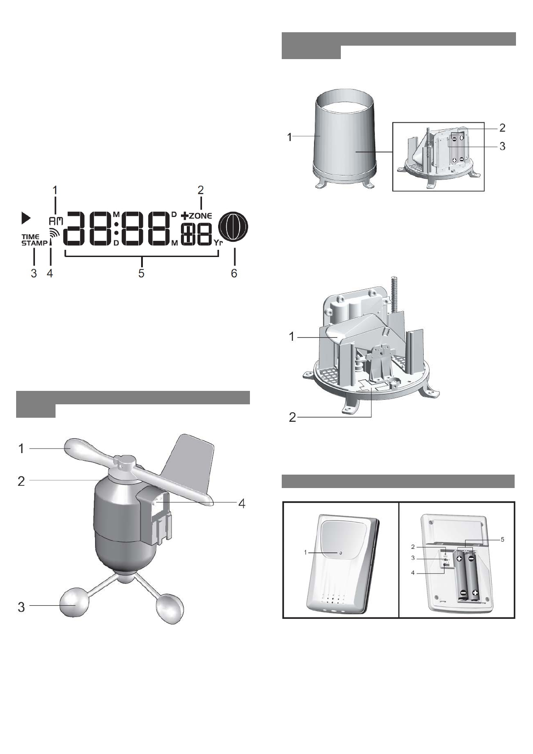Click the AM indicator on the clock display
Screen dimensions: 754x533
point(56,221)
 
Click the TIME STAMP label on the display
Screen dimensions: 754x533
point(34,240)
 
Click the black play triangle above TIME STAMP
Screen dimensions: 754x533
point(26,218)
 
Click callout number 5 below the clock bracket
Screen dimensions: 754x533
point(142,273)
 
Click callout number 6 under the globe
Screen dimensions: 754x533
point(234,273)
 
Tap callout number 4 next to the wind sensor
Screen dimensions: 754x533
point(241,503)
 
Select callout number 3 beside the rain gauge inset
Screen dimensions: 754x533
point(503,146)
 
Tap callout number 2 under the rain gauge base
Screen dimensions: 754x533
point(292,418)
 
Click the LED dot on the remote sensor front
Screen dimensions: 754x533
point(340,553)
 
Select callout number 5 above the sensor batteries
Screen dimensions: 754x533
point(502,540)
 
